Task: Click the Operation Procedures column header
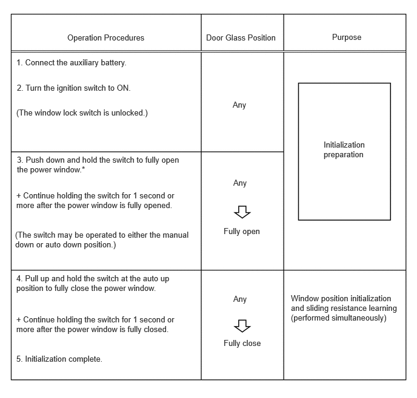pos(106,38)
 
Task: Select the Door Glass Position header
pos(241,38)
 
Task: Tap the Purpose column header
pos(347,38)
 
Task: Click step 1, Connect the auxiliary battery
pos(72,63)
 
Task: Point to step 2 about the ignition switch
pos(73,88)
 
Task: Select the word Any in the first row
pos(239,105)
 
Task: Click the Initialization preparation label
pos(344,150)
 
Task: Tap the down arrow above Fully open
pos(242,212)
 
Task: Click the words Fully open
pos(242,232)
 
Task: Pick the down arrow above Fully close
pos(242,325)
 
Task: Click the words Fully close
pos(242,344)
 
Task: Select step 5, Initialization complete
pos(59,359)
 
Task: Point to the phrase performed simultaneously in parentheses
pos(338,318)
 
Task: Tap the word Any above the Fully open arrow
pos(240,183)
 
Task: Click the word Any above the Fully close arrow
pos(240,299)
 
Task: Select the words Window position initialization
pos(341,299)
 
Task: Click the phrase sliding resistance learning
pos(351,308)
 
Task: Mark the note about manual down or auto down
pos(102,240)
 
